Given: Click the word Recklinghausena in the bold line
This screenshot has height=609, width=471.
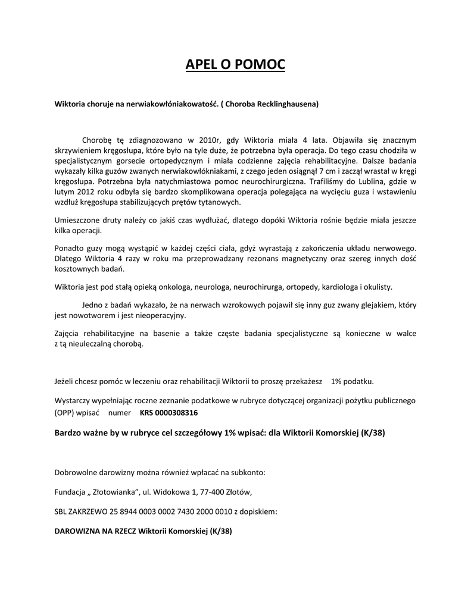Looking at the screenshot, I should tap(288, 104).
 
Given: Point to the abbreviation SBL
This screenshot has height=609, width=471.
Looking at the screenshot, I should tap(61, 511).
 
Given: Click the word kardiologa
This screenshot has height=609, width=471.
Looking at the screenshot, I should tap(339, 287).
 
